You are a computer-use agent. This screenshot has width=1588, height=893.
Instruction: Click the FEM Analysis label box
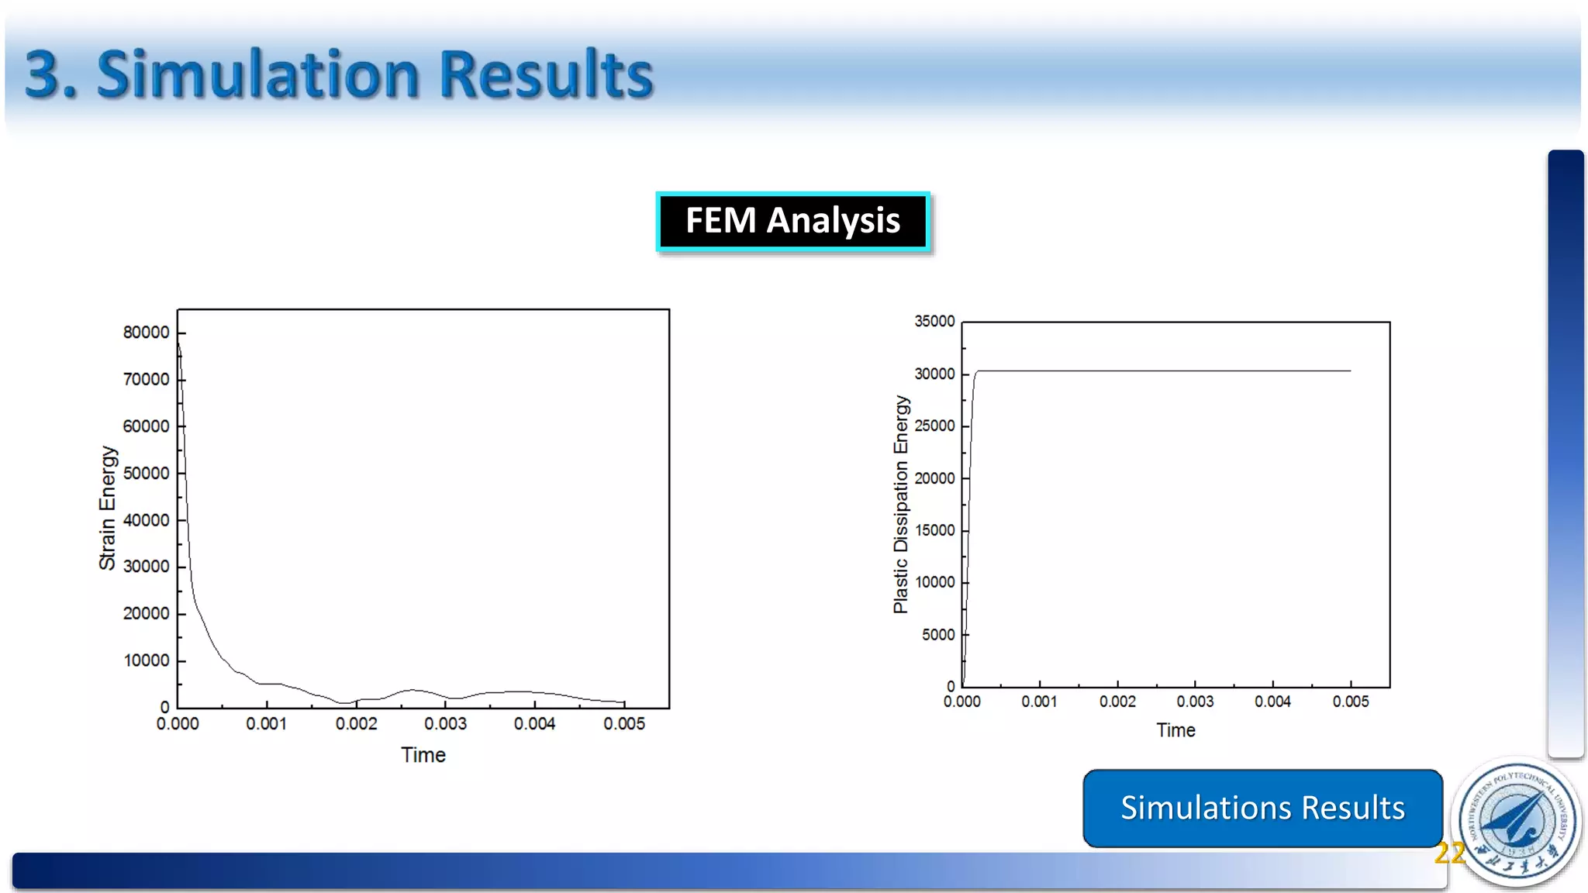click(792, 221)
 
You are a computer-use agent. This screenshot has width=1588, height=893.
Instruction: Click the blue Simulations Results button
click(1262, 808)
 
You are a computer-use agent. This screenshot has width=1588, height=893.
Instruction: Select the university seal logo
click(1517, 822)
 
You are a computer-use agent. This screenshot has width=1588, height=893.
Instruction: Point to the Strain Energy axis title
click(107, 508)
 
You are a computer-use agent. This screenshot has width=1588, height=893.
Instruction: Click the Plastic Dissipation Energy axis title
click(900, 505)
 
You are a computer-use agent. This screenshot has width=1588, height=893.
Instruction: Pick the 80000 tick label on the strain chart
click(146, 333)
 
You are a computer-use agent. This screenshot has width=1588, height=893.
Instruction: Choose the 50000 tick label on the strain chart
click(146, 474)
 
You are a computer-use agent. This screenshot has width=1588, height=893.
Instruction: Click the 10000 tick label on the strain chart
click(146, 661)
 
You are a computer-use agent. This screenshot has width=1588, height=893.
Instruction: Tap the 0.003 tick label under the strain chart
click(445, 724)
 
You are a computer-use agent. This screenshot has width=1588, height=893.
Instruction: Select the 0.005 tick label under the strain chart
click(624, 724)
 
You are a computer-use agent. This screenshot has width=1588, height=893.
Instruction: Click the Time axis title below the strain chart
click(423, 755)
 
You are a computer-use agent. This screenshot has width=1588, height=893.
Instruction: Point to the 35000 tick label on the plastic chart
click(934, 321)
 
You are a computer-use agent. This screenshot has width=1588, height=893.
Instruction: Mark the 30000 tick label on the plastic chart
click(934, 374)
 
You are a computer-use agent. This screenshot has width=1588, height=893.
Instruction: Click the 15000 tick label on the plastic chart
click(934, 530)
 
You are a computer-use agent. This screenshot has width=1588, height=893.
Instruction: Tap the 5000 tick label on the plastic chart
click(938, 635)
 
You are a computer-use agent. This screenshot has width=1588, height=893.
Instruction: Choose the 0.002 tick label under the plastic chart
click(1117, 702)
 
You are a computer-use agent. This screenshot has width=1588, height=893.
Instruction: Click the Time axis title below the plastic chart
click(1175, 730)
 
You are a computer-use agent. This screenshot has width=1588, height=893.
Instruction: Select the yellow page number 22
click(1448, 853)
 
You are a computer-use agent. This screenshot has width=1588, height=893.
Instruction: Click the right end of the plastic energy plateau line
click(1349, 371)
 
